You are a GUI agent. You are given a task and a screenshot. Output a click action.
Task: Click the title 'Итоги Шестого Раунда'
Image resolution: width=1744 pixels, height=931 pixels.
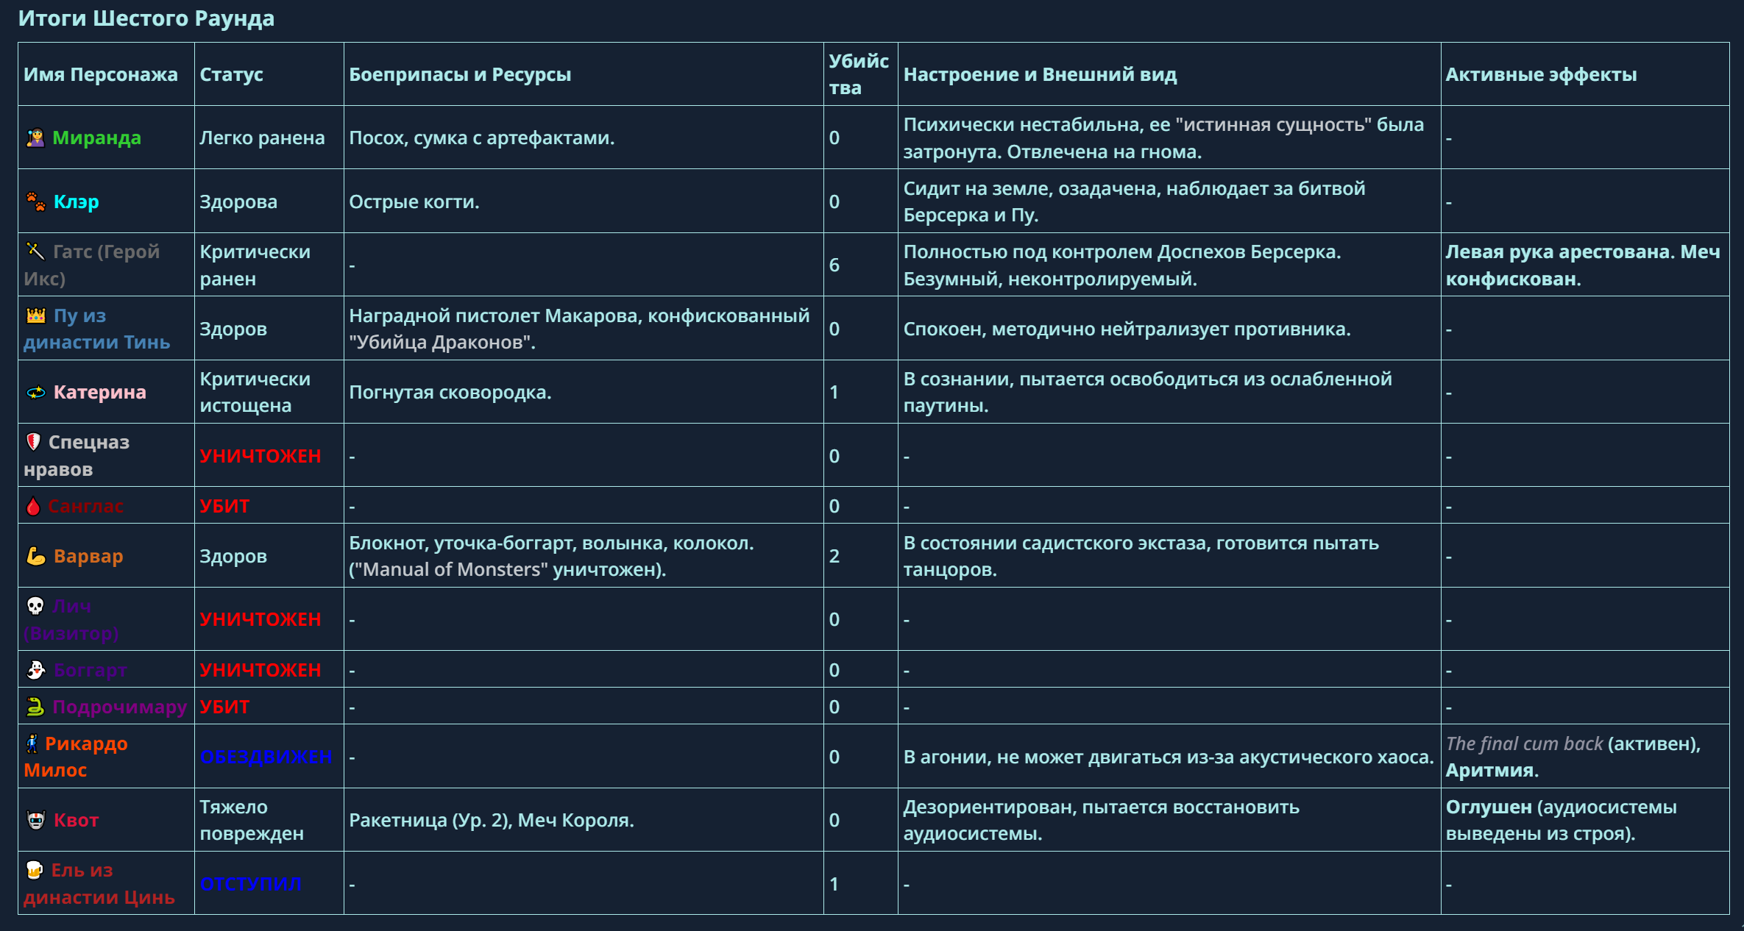click(146, 18)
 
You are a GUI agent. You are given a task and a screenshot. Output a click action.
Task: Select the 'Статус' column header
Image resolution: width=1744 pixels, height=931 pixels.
click(231, 74)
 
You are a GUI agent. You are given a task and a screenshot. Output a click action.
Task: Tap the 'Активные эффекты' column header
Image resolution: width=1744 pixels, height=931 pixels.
click(1541, 74)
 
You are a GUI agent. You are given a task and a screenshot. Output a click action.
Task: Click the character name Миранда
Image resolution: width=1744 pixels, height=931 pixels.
click(96, 138)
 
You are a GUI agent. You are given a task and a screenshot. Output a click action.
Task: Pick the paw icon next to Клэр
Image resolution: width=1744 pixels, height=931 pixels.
click(35, 201)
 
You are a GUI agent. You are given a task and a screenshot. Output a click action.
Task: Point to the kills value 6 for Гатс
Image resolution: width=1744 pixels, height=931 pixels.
click(834, 265)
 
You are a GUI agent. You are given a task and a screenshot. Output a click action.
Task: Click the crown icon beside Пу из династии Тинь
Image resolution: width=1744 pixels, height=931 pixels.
click(36, 315)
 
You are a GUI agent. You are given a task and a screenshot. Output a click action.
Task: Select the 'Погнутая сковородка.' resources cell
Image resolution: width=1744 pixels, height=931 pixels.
click(450, 392)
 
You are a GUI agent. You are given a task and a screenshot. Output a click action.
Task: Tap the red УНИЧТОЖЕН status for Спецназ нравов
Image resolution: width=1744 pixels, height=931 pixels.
click(260, 456)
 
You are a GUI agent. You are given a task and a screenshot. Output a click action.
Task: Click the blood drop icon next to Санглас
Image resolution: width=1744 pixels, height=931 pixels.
click(33, 506)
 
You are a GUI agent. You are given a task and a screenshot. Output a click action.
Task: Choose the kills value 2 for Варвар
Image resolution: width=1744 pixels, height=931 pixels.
click(834, 556)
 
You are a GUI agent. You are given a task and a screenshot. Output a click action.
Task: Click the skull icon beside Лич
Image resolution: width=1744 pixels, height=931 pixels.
click(35, 606)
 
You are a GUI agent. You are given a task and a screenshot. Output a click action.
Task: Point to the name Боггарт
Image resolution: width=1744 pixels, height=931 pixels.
click(91, 670)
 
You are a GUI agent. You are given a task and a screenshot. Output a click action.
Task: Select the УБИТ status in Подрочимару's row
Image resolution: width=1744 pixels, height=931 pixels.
click(224, 707)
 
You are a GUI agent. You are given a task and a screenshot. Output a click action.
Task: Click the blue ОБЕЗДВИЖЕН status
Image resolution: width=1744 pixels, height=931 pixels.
click(266, 757)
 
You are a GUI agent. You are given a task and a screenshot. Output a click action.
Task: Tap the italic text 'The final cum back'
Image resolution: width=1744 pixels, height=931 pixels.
click(1524, 743)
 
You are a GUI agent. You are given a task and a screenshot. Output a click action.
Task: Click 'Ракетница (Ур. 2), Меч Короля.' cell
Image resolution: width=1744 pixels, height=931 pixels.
click(491, 820)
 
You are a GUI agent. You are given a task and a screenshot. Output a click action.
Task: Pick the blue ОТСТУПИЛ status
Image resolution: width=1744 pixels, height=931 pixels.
click(250, 884)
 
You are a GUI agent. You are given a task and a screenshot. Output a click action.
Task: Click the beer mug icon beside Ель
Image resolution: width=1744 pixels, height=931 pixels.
click(35, 871)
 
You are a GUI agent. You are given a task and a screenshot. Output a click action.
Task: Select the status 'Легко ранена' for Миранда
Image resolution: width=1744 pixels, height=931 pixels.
click(262, 138)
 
